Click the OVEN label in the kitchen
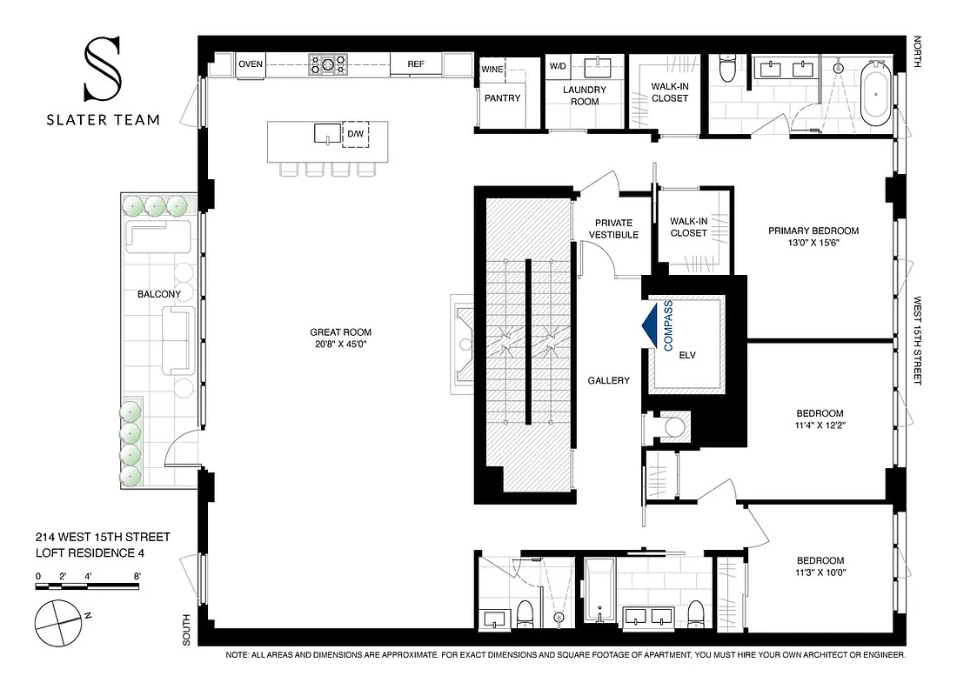[x=251, y=64]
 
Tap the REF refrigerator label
[x=415, y=64]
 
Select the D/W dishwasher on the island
[x=356, y=134]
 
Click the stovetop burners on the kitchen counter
[x=329, y=64]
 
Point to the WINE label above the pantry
[x=492, y=67]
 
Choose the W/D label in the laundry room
[x=557, y=66]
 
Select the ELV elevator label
[x=688, y=355]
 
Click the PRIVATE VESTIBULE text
[x=613, y=229]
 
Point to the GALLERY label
[x=608, y=380]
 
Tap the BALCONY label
[x=159, y=294]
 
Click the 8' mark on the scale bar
[x=137, y=576]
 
